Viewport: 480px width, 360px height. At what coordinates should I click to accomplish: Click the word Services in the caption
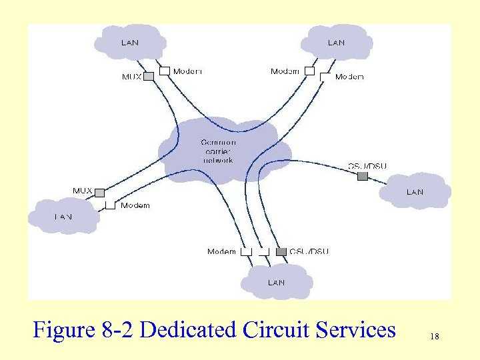353,329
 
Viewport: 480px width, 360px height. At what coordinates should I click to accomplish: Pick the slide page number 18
435,337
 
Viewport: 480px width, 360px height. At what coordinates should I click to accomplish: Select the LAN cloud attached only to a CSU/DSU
415,191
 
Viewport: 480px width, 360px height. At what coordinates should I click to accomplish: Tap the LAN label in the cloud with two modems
336,43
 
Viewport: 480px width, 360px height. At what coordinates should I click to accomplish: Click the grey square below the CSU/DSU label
362,177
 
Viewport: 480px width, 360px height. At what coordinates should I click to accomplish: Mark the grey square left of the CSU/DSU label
281,251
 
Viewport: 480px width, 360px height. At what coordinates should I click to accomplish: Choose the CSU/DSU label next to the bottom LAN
309,251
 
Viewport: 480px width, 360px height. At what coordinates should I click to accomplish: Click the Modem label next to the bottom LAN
221,251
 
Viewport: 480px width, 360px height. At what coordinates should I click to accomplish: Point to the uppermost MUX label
131,77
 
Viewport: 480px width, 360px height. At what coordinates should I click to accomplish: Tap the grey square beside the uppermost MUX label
149,76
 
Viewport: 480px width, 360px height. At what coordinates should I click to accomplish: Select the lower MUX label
82,191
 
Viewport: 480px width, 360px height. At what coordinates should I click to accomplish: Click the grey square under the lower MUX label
99,193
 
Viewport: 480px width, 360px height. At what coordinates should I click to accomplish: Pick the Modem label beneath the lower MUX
135,205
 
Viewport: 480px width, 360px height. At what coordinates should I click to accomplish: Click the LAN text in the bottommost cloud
276,282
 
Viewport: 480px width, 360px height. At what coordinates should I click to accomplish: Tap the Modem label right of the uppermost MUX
187,71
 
